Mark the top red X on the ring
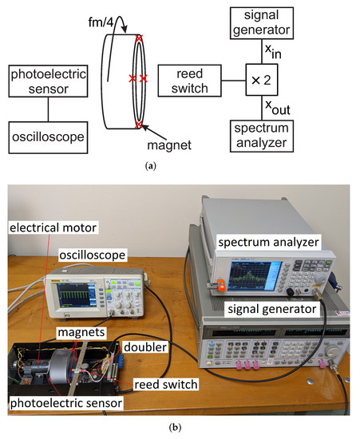(x=139, y=38)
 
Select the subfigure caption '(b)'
(x=180, y=428)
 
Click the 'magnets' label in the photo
(x=79, y=330)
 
